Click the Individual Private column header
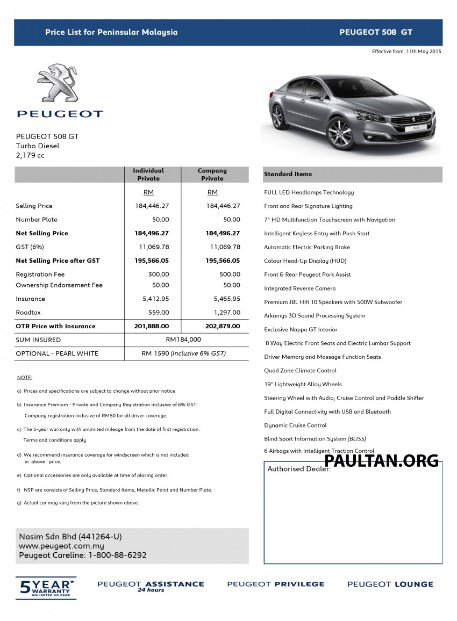(148, 175)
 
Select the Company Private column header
(212, 175)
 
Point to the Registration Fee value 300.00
(159, 275)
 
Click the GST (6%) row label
(30, 247)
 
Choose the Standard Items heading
(288, 174)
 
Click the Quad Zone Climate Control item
(300, 371)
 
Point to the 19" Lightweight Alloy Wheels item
(303, 384)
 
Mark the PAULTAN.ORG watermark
(381, 460)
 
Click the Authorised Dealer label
(299, 469)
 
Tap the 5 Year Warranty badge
(46, 587)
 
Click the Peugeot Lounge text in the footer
(390, 584)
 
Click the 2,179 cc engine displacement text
(30, 155)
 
